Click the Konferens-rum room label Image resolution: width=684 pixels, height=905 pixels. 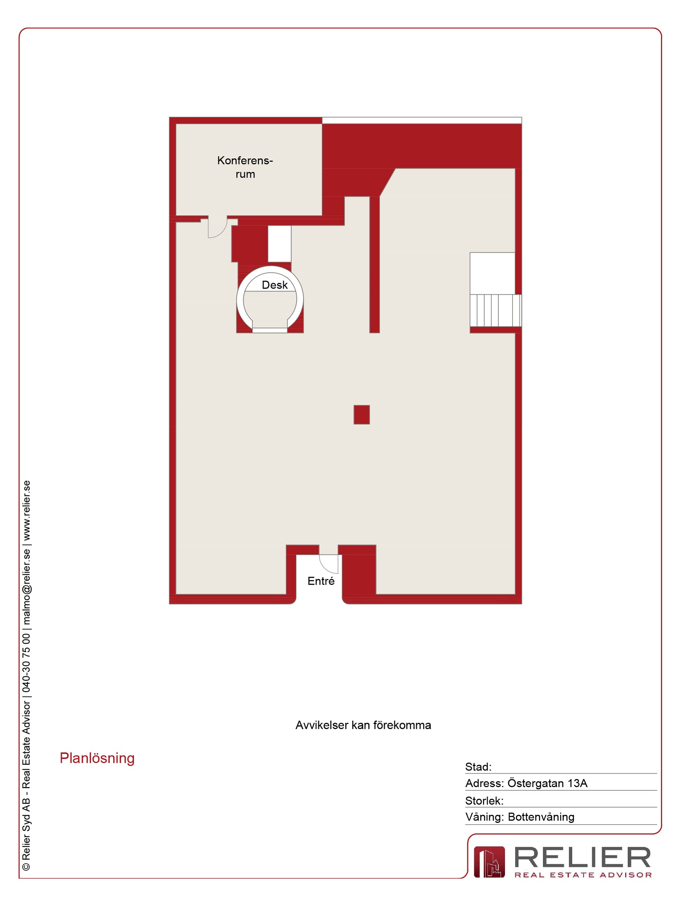point(245,167)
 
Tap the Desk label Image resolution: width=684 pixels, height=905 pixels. point(275,285)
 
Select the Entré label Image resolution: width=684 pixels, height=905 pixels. point(321,581)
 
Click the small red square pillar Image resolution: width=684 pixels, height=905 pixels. point(362,415)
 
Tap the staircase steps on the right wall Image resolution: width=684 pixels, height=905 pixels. point(495,310)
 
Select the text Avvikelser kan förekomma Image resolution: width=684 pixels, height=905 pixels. point(363,725)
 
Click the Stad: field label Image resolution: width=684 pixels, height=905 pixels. point(478,767)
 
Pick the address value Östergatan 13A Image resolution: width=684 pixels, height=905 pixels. point(547,783)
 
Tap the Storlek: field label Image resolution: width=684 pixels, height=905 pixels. point(484,801)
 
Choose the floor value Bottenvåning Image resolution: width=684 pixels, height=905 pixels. point(541,817)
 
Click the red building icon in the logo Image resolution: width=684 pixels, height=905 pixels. point(489,862)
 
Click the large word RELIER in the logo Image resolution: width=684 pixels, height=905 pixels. point(582,858)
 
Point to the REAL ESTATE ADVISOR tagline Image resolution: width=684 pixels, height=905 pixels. point(583,875)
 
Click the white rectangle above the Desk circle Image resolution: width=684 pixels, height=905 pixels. point(280,244)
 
